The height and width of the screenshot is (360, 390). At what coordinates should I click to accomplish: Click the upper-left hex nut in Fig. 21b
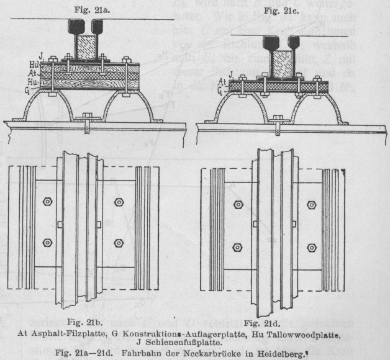pyautogui.click(x=47, y=202)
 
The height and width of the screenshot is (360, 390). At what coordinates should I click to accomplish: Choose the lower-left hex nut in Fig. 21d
pyautogui.click(x=237, y=247)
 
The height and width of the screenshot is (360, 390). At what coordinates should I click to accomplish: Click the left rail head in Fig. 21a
pyautogui.click(x=78, y=28)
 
